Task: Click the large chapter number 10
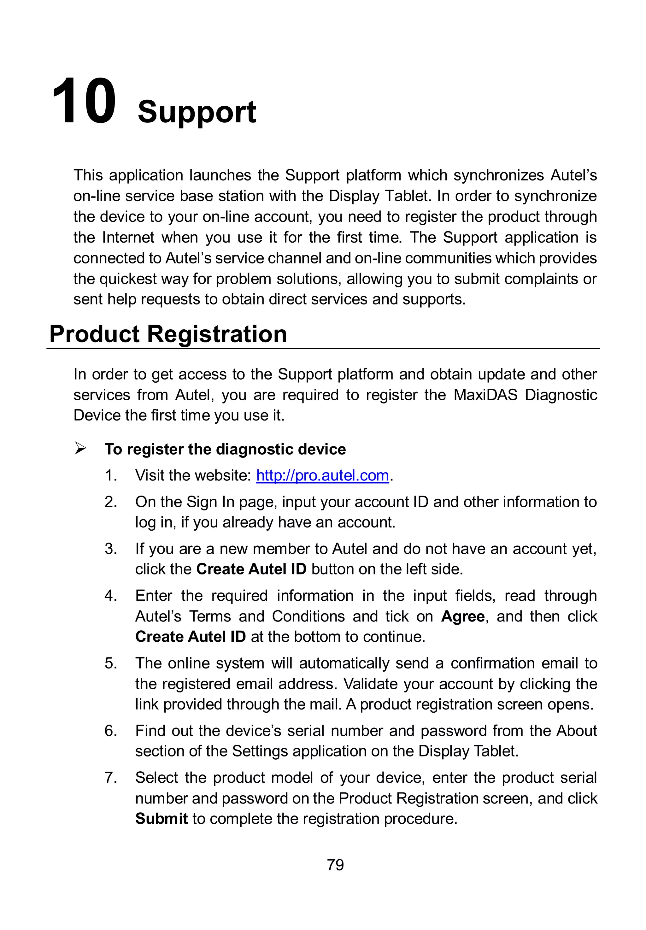[84, 102]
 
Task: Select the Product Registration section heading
[168, 334]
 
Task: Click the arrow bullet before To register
[80, 449]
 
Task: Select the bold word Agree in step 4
[463, 616]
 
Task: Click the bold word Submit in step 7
[161, 819]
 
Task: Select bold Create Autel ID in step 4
[190, 637]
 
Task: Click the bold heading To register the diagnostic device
[225, 449]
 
